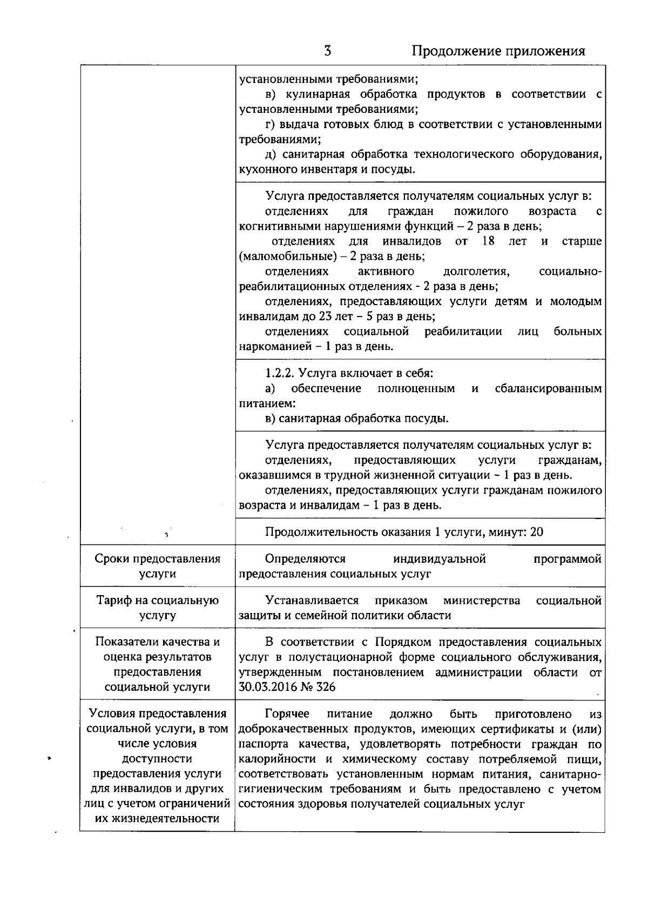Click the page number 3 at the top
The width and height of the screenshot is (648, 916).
pyautogui.click(x=327, y=51)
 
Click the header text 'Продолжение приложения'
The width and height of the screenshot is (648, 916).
pyautogui.click(x=498, y=51)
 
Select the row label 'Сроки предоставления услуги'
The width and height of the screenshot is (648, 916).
pyautogui.click(x=157, y=566)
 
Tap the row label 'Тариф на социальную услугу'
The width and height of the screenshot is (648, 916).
pyautogui.click(x=157, y=608)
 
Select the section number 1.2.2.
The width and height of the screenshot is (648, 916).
pyautogui.click(x=280, y=373)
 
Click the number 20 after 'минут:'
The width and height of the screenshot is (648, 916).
pyautogui.click(x=537, y=532)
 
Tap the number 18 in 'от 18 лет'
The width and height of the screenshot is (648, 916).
pyautogui.click(x=488, y=241)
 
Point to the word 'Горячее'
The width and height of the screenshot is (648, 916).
pyautogui.click(x=287, y=714)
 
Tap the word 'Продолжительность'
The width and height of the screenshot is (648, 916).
pyautogui.click(x=319, y=532)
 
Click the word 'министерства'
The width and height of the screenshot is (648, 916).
pyautogui.click(x=482, y=601)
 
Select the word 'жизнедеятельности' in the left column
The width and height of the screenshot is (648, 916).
pyautogui.click(x=157, y=818)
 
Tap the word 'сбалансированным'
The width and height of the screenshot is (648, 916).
pyautogui.click(x=548, y=388)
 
